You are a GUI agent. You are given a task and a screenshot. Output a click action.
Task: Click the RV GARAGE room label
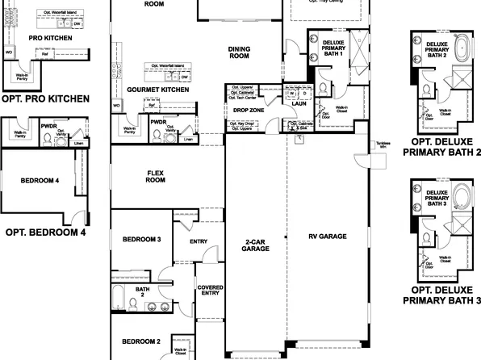click(x=327, y=237)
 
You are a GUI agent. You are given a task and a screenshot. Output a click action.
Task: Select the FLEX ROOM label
click(x=155, y=177)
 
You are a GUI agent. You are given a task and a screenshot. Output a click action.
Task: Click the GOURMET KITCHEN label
click(x=158, y=90)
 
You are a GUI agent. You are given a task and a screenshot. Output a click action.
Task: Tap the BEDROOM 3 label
click(x=141, y=240)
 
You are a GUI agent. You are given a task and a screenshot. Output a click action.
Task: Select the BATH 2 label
click(x=142, y=292)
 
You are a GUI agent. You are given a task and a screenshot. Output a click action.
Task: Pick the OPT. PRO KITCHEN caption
click(x=45, y=98)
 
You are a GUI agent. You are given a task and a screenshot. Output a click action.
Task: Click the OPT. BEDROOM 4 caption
click(x=45, y=232)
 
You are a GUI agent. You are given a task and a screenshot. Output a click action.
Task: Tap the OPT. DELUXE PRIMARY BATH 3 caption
click(x=441, y=295)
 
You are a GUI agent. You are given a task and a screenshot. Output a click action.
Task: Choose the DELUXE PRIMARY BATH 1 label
click(x=333, y=48)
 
